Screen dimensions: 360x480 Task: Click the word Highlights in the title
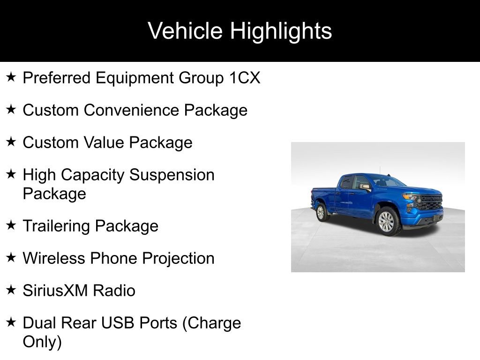click(x=281, y=31)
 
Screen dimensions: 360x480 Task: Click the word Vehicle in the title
click(x=185, y=31)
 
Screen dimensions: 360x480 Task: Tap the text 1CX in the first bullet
click(x=244, y=78)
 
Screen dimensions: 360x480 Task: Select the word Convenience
click(x=134, y=110)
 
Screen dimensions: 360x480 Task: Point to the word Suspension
click(x=172, y=175)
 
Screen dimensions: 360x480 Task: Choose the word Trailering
click(x=57, y=226)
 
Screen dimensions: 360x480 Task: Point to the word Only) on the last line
click(x=42, y=342)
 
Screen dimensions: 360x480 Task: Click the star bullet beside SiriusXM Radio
click(x=12, y=290)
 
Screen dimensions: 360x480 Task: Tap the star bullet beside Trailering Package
click(x=12, y=225)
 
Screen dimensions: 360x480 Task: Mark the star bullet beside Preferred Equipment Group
click(x=12, y=77)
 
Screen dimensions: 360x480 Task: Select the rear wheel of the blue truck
click(x=321, y=212)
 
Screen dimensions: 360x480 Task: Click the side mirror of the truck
click(x=365, y=187)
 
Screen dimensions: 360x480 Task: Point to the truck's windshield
click(x=387, y=181)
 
